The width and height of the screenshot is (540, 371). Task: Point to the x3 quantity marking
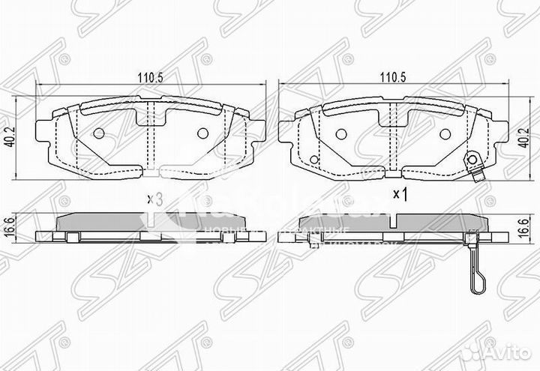[x=154, y=199]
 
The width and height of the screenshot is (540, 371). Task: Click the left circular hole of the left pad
[x=99, y=133]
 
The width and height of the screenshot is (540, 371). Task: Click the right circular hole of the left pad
[x=202, y=133]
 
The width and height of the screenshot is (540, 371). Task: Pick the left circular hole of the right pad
[x=339, y=133]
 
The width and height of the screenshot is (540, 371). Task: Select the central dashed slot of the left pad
[x=150, y=139]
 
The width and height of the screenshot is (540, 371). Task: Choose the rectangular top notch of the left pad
[x=150, y=113]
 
